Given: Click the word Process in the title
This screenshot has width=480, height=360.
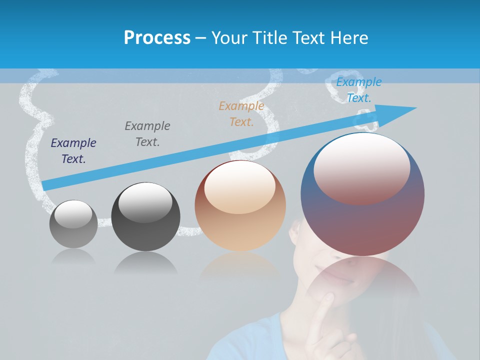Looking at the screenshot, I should (x=157, y=38).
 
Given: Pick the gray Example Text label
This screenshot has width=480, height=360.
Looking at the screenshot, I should (x=147, y=134).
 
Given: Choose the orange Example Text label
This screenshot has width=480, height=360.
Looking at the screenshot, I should (x=241, y=114).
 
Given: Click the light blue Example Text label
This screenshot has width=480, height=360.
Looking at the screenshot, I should (x=359, y=90).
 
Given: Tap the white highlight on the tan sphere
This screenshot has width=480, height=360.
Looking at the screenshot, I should (x=240, y=186).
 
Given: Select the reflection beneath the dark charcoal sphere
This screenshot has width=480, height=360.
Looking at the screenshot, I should (x=145, y=262).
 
